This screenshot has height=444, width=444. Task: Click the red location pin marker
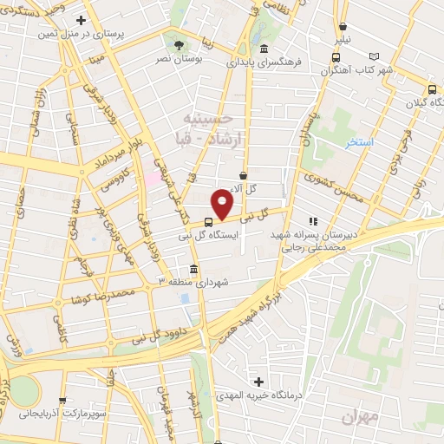223,204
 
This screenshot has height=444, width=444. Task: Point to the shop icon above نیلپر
343,27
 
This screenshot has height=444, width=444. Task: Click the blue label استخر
359,142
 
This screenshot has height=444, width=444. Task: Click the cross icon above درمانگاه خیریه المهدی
258,382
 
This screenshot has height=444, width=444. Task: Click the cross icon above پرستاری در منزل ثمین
82,19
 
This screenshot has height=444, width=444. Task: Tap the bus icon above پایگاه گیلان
431,88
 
